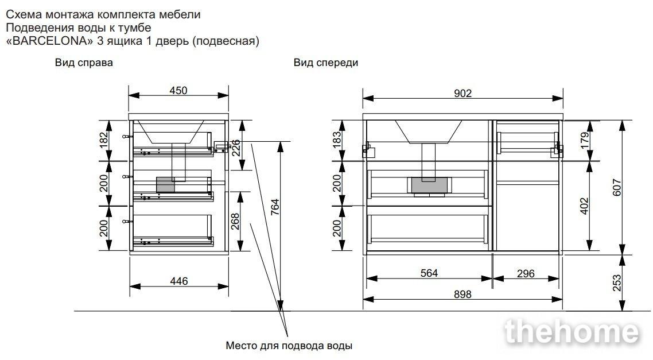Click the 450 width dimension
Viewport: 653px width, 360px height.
pos(178,90)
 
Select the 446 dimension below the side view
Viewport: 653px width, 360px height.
pos(178,281)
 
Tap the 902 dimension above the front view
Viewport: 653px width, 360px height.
pos(462,94)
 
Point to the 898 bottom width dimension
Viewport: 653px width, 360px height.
pos(462,294)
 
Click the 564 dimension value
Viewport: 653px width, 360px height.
pos(429,273)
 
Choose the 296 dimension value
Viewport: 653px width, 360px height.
pos(526,273)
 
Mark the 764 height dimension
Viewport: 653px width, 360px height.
pos(275,207)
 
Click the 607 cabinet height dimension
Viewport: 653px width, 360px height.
pos(617,187)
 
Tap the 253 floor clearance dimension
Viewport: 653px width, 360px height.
pos(617,282)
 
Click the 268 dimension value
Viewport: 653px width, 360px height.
pos(235,221)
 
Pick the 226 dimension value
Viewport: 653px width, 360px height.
pos(235,148)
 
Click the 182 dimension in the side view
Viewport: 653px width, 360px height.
pos(104,140)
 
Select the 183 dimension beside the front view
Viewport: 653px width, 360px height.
pos(337,140)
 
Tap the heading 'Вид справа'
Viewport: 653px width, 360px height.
pos(84,63)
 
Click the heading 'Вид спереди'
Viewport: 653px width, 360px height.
pos(326,63)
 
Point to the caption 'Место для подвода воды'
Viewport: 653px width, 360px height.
pos(289,346)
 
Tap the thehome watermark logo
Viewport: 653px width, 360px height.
pos(572,332)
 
